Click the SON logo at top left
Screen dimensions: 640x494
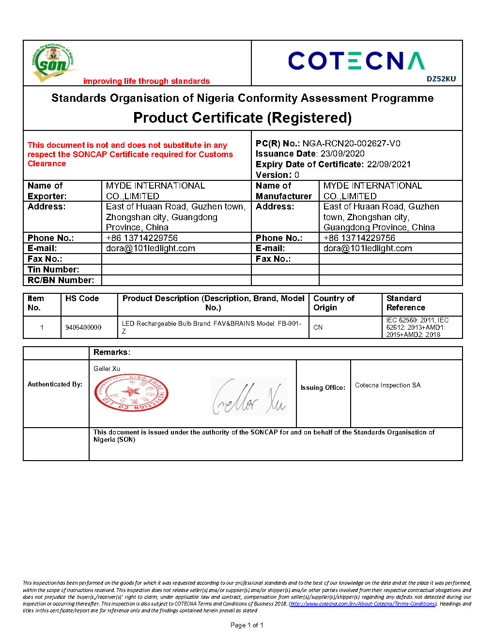pyautogui.click(x=53, y=63)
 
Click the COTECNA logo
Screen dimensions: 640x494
pyautogui.click(x=356, y=61)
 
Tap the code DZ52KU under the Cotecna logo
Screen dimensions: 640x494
pyautogui.click(x=441, y=79)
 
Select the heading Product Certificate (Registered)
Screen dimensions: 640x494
pyautogui.click(x=242, y=118)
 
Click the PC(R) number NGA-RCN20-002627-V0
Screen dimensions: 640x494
pyautogui.click(x=351, y=144)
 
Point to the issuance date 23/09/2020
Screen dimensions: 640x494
pyautogui.click(x=342, y=154)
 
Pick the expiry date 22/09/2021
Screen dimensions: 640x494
pyautogui.click(x=388, y=164)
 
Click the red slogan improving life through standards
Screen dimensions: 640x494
pyautogui.click(x=146, y=81)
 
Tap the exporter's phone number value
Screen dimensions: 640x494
pyautogui.click(x=142, y=238)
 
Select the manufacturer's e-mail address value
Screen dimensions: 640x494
pyautogui.click(x=368, y=248)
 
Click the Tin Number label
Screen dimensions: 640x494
pyautogui.click(x=53, y=270)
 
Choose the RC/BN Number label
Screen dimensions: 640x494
pyautogui.click(x=61, y=280)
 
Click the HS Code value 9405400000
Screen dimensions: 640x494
pyautogui.click(x=83, y=328)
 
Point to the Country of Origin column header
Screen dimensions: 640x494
pyautogui.click(x=334, y=303)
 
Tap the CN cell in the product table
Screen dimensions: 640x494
pyautogui.click(x=318, y=328)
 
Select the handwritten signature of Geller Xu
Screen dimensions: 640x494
pyautogui.click(x=249, y=397)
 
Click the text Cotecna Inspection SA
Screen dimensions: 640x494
pyautogui.click(x=387, y=385)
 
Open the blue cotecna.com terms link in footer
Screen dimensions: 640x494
pyautogui.click(x=363, y=604)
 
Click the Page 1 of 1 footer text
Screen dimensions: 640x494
pyautogui.click(x=247, y=625)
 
